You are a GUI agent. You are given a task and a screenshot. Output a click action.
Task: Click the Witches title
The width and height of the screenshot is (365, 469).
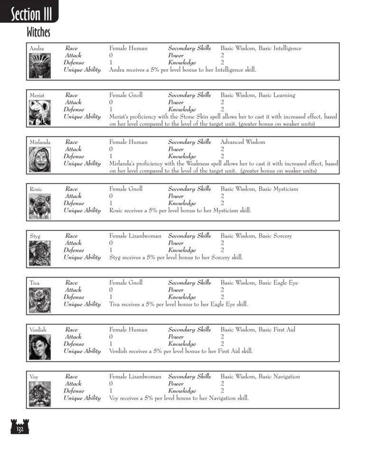pos(38,33)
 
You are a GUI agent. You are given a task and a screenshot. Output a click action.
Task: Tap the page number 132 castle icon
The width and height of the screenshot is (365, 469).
pos(19,426)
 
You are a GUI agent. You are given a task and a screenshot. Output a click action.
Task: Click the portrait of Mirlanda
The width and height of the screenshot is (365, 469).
pos(40,157)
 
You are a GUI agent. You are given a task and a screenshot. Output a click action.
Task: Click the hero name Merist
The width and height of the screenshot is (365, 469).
pos(37,96)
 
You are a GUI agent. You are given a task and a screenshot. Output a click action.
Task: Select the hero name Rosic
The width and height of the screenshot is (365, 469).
pos(36,189)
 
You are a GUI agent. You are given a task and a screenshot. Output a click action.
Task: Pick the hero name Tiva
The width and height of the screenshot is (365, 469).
pos(34,283)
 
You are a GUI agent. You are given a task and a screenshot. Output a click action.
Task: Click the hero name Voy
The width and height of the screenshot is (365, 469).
pos(34,377)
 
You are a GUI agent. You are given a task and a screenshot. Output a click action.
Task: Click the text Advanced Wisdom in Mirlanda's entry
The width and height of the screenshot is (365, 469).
pos(242,142)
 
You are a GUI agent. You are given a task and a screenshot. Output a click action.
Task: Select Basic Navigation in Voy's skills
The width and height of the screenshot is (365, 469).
pos(279,377)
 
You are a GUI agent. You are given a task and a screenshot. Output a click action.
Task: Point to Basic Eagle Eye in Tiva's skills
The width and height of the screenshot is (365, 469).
pos(278,283)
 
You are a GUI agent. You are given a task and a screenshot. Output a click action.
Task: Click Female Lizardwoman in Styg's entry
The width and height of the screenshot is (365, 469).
pos(135,236)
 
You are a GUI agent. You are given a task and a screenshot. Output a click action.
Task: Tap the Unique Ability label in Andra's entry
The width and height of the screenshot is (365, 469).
pos(82,70)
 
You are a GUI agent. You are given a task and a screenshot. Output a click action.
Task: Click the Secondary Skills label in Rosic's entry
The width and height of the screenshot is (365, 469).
pos(189,189)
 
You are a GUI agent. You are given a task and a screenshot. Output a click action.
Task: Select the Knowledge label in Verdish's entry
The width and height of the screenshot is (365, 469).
pos(182,344)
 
